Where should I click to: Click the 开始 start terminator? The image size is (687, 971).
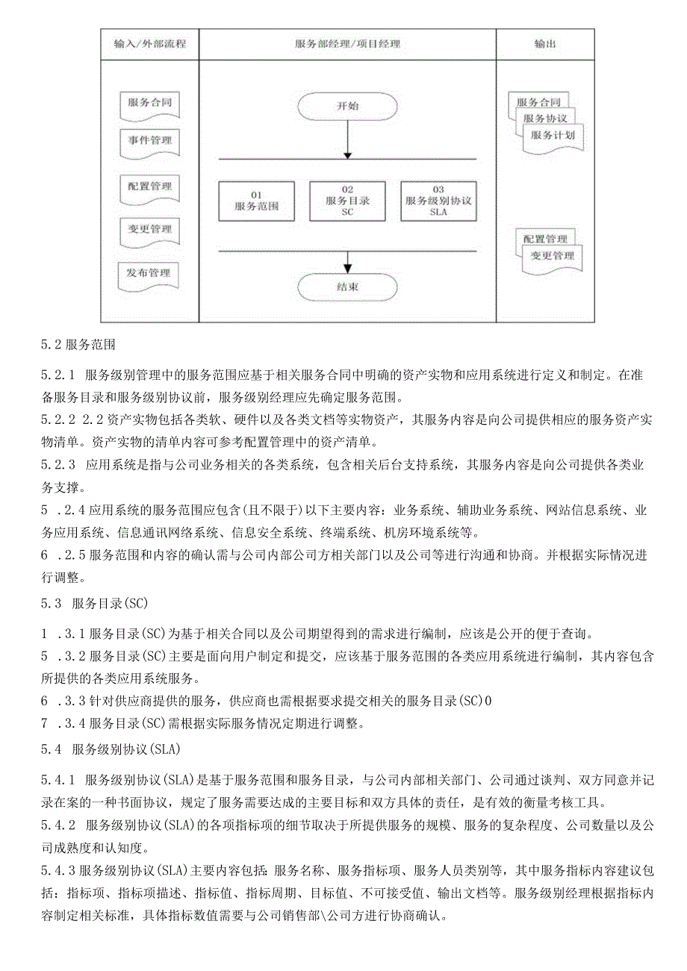click(347, 106)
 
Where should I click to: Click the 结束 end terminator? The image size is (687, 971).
click(347, 287)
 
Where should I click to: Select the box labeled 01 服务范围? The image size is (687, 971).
click(256, 200)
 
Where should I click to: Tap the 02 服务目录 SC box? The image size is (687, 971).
click(347, 200)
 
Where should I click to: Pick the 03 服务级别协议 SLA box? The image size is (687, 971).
click(438, 200)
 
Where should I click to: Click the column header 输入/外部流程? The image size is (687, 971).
click(150, 44)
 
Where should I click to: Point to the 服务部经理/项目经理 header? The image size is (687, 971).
click(347, 44)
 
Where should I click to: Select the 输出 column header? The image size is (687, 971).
click(545, 44)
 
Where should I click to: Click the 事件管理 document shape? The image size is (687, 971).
click(149, 140)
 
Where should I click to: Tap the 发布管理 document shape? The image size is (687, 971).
click(149, 274)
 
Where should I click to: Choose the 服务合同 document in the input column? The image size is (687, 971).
click(149, 103)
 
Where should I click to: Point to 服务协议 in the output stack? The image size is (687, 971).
click(545, 119)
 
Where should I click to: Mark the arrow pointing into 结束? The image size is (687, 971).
click(347, 262)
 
